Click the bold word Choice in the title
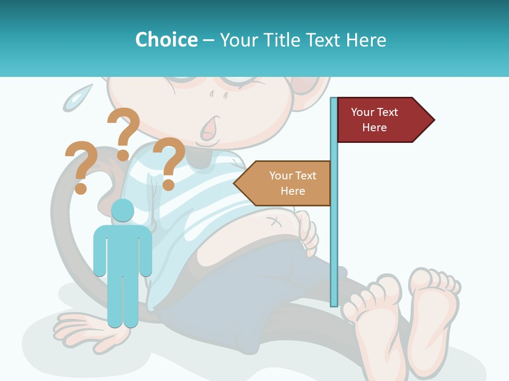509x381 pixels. coord(166,40)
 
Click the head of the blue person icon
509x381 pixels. coord(122,210)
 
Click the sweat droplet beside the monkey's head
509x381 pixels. coord(76,98)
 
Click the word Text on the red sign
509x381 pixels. coord(387,112)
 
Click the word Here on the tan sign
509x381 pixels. coord(293,191)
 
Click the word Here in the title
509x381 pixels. coord(366,40)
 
